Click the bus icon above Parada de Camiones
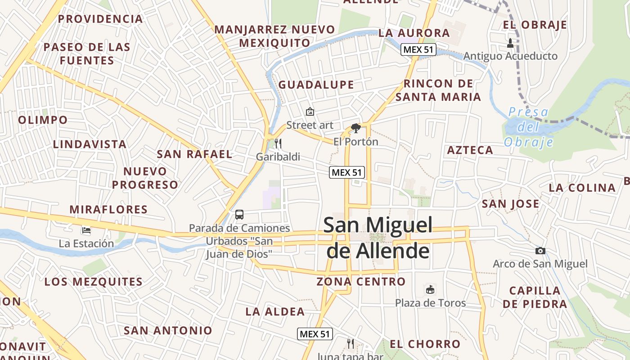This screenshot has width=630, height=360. pyautogui.click(x=239, y=215)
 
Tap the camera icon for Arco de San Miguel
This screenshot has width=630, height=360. pyautogui.click(x=540, y=251)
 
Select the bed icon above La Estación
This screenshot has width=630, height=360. pyautogui.click(x=86, y=231)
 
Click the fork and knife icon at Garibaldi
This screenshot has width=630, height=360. pyautogui.click(x=278, y=144)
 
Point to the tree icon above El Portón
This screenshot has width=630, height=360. pyautogui.click(x=355, y=128)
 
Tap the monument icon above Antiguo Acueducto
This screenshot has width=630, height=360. pyautogui.click(x=510, y=43)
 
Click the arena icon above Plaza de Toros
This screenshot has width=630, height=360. pyautogui.click(x=430, y=289)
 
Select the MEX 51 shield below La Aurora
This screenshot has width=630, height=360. pyautogui.click(x=419, y=49)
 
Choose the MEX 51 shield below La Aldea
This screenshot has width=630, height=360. pyautogui.click(x=315, y=334)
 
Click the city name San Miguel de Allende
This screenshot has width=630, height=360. pyautogui.click(x=378, y=238)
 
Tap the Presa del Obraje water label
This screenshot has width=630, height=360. pyautogui.click(x=528, y=127)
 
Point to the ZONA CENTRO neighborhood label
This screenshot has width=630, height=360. pyautogui.click(x=361, y=282)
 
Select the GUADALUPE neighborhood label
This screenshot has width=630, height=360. pyautogui.click(x=316, y=85)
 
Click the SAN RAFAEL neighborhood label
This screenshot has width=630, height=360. pyautogui.click(x=194, y=154)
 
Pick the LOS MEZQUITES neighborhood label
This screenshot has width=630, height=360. pyautogui.click(x=93, y=282)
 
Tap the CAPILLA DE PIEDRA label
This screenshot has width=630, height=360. pyautogui.click(x=535, y=297)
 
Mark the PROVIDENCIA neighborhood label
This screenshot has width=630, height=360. pyautogui.click(x=100, y=19)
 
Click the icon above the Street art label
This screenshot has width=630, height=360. pyautogui.click(x=310, y=111)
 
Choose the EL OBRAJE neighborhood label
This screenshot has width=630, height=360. pyautogui.click(x=535, y=25)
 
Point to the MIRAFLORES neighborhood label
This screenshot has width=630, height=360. pyautogui.click(x=108, y=209)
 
